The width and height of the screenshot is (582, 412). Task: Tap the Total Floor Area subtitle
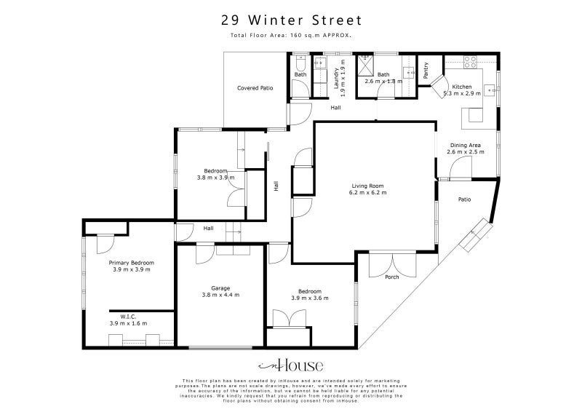[291, 34]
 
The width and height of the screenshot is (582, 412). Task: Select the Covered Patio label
[255, 88]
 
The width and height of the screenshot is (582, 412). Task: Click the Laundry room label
[336, 79]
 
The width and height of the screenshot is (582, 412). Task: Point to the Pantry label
[426, 70]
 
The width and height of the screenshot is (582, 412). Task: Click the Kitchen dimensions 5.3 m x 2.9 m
[463, 93]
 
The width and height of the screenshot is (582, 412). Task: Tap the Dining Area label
[465, 145]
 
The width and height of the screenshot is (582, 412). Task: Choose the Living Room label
[367, 186]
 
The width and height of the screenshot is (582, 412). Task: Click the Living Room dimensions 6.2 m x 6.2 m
[367, 193]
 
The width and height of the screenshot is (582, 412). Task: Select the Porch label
[391, 277]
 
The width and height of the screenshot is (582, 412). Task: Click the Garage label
[220, 288]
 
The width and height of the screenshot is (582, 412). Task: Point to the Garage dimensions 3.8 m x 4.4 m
[220, 296]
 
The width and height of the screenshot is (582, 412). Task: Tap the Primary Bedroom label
[131, 263]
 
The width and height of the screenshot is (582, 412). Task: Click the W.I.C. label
[129, 316]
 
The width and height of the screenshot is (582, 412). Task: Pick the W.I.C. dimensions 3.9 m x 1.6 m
[129, 322]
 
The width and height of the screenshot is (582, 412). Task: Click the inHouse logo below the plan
[291, 366]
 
